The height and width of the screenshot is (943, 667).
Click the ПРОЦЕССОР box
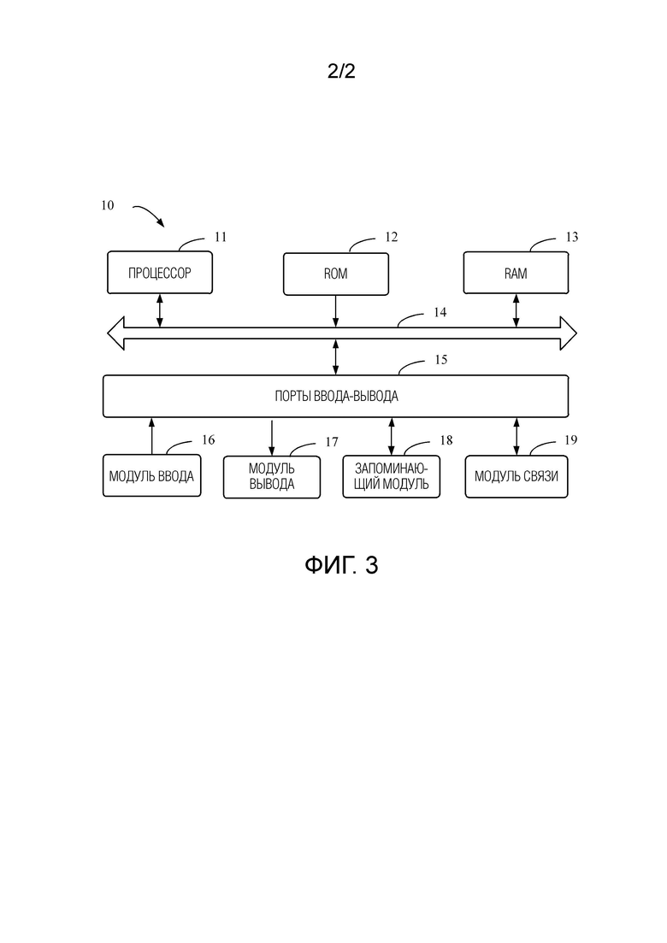pyautogui.click(x=160, y=273)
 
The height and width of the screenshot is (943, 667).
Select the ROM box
pyautogui.click(x=335, y=274)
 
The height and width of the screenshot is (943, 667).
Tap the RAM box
pyautogui.click(x=516, y=273)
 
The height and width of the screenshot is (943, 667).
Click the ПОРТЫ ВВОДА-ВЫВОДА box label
pyautogui.click(x=336, y=397)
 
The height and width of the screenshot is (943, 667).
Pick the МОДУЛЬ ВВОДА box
pyautogui.click(x=151, y=475)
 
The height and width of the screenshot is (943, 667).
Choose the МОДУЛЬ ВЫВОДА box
pyautogui.click(x=271, y=477)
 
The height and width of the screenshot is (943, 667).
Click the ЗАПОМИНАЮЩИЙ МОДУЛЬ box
pyautogui.click(x=392, y=477)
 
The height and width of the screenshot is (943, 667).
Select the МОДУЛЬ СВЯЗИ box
pyautogui.click(x=516, y=476)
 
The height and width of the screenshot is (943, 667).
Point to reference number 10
pyautogui.click(x=107, y=206)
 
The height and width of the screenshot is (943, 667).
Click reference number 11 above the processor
pyautogui.click(x=221, y=237)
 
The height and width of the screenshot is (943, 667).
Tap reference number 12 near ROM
pyautogui.click(x=392, y=237)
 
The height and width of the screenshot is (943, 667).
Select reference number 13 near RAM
pyautogui.click(x=572, y=237)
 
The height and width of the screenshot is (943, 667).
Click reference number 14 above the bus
pyautogui.click(x=440, y=312)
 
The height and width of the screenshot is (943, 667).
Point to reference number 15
pyautogui.click(x=441, y=360)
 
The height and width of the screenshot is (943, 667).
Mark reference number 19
pyautogui.click(x=570, y=440)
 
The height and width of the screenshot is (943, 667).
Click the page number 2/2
pyautogui.click(x=341, y=72)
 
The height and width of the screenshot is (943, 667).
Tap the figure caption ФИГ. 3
pyautogui.click(x=341, y=565)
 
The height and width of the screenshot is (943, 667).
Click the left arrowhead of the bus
pyautogui.click(x=115, y=333)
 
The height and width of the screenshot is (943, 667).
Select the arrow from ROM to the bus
pyautogui.click(x=335, y=311)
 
